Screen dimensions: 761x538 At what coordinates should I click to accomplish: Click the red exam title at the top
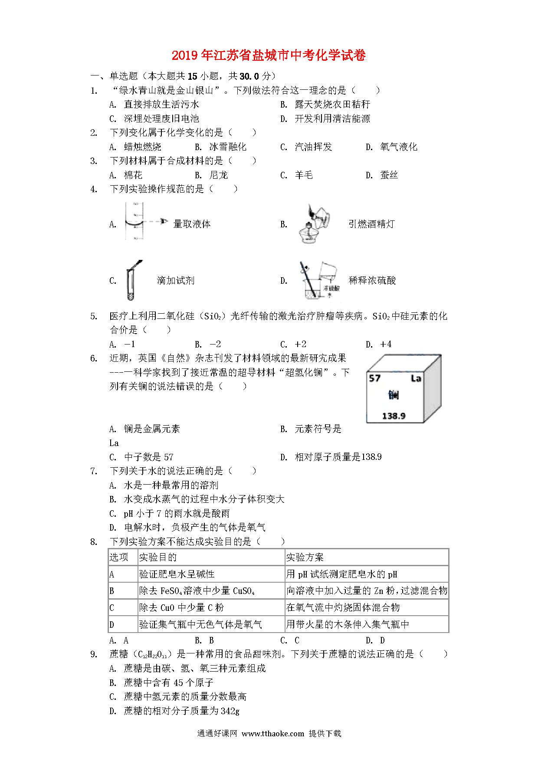pos(269,56)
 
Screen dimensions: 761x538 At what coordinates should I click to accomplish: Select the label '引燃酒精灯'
pos(371,224)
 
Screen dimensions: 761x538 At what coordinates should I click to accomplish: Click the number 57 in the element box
pos(374,378)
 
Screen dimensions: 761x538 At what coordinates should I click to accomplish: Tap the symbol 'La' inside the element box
pos(416,379)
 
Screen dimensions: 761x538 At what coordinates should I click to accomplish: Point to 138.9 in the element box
pos(394,416)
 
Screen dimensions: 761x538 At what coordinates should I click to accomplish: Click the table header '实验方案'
pos(305,558)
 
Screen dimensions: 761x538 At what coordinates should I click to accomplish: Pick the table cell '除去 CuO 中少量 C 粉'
pos(181,608)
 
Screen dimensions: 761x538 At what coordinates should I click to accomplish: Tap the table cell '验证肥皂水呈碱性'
pos(177,574)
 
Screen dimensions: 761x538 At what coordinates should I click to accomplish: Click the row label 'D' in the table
pos(112,625)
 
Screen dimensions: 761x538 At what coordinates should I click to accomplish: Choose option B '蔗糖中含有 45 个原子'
pos(168,682)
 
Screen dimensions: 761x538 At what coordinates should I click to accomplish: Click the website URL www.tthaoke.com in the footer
pos(273,734)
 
